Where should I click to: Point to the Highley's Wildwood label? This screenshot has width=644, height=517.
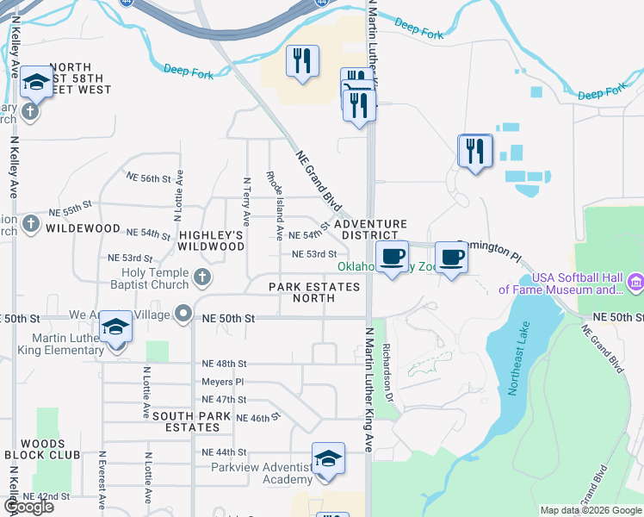tap(212, 240)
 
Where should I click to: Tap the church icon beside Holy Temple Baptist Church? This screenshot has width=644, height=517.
tap(202, 277)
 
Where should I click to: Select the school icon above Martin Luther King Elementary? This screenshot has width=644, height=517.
tap(115, 327)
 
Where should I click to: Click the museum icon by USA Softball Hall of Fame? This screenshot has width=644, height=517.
tap(635, 281)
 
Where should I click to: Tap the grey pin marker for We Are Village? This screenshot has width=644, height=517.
tap(183, 314)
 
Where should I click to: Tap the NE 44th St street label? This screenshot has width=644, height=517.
tap(224, 452)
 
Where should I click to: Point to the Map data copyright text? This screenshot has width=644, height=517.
tap(589, 510)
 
